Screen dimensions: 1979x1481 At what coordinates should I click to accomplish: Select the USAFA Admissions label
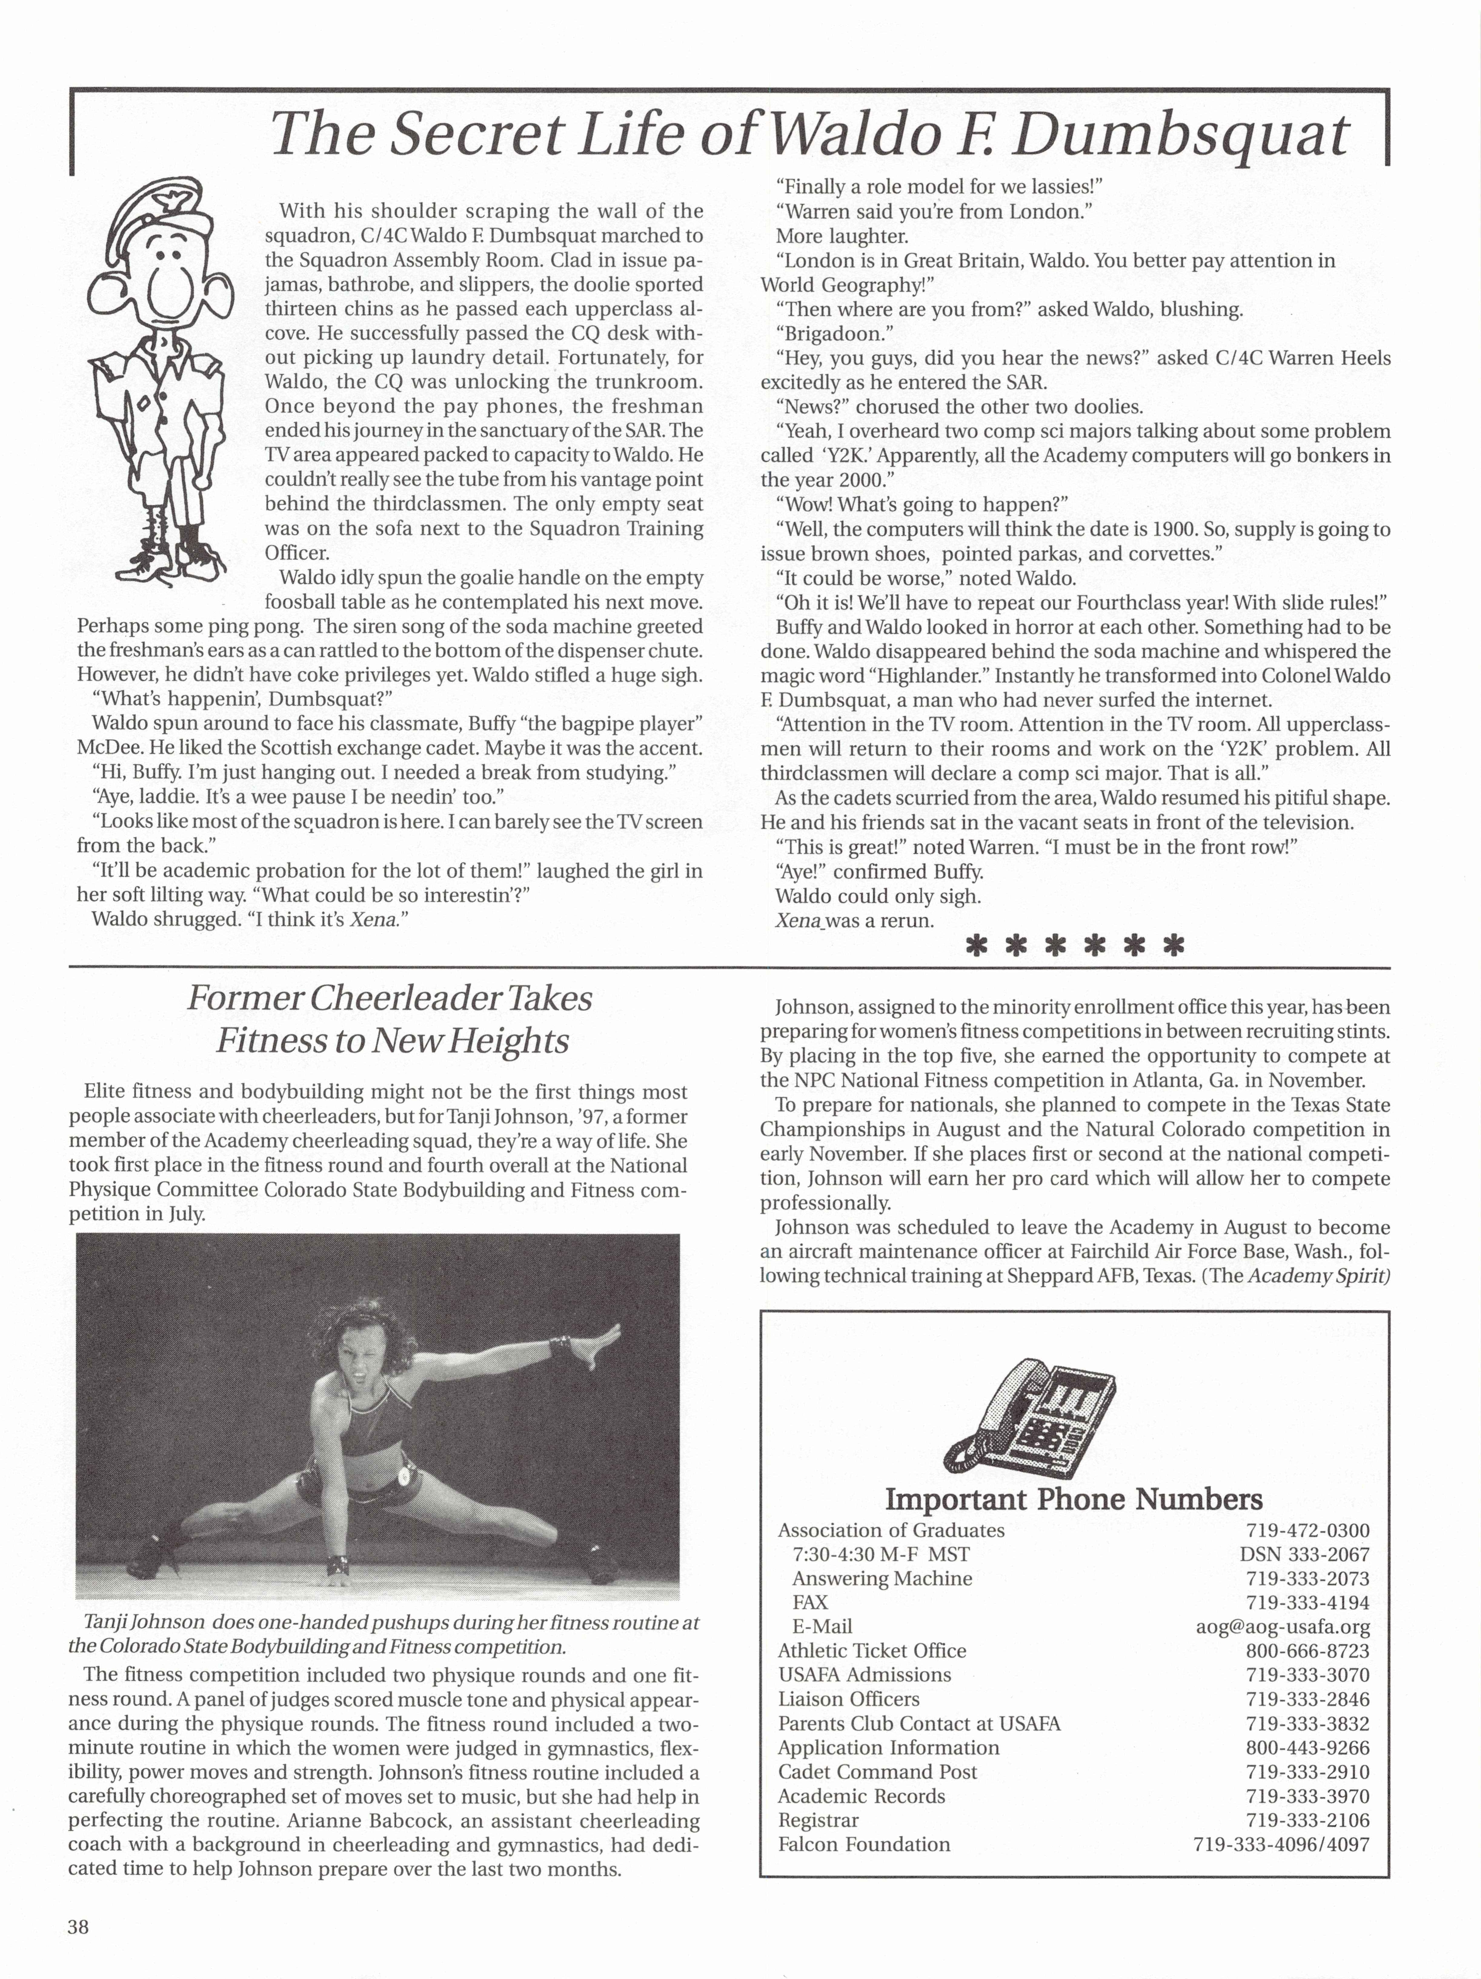864,1675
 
